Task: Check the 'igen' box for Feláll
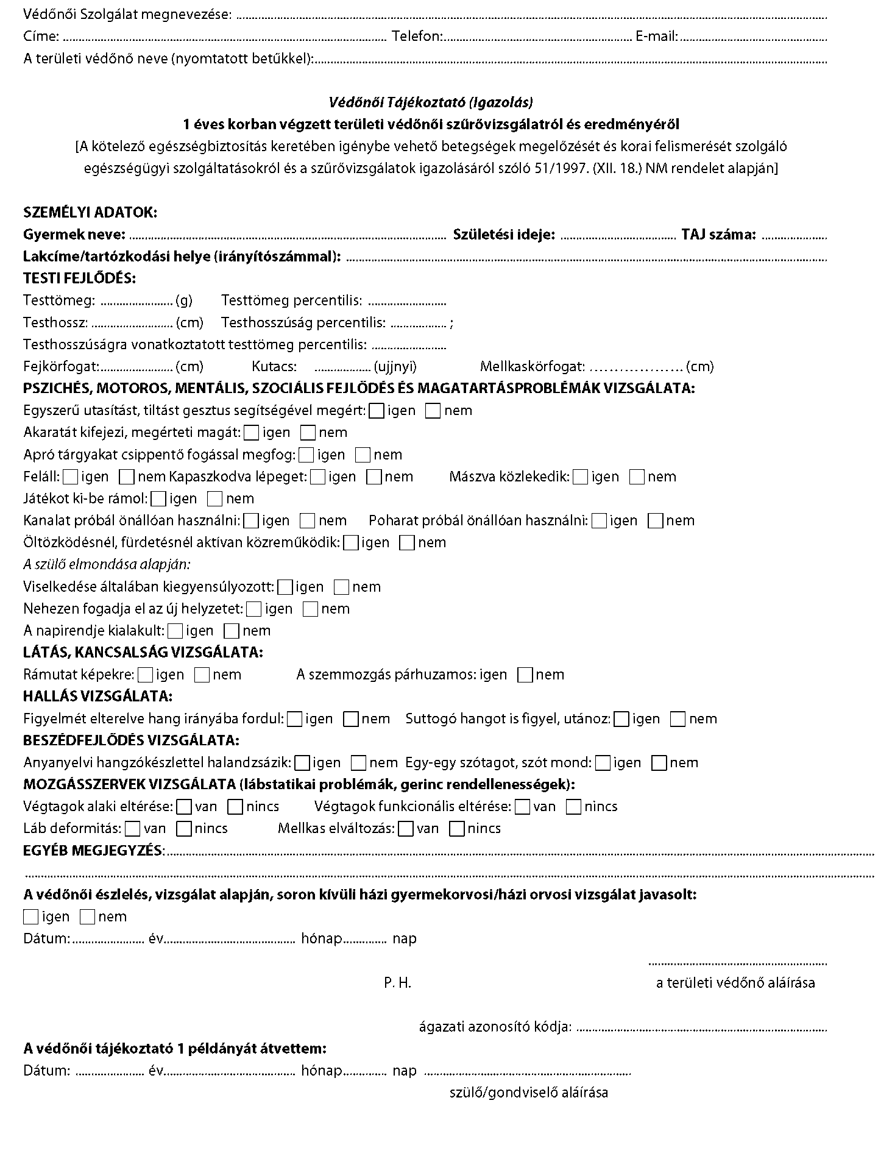click(x=71, y=477)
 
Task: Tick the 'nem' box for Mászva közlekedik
click(x=637, y=477)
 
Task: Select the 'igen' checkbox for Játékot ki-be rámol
click(x=159, y=499)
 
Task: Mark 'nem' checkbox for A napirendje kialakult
click(x=232, y=631)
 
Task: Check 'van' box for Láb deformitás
click(x=133, y=829)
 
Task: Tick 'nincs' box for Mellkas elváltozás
click(x=457, y=829)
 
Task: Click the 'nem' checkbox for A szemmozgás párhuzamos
click(x=525, y=675)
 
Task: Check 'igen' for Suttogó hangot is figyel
click(x=621, y=719)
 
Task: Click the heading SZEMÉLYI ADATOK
click(x=90, y=213)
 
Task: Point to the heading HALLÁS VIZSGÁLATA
click(x=97, y=697)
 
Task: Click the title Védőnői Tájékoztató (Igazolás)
click(x=431, y=102)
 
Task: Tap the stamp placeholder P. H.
click(x=398, y=983)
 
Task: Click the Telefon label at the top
click(x=417, y=37)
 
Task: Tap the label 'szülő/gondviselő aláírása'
click(x=529, y=1093)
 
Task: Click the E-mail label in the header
click(x=656, y=37)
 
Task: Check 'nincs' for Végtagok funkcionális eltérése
click(x=574, y=807)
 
